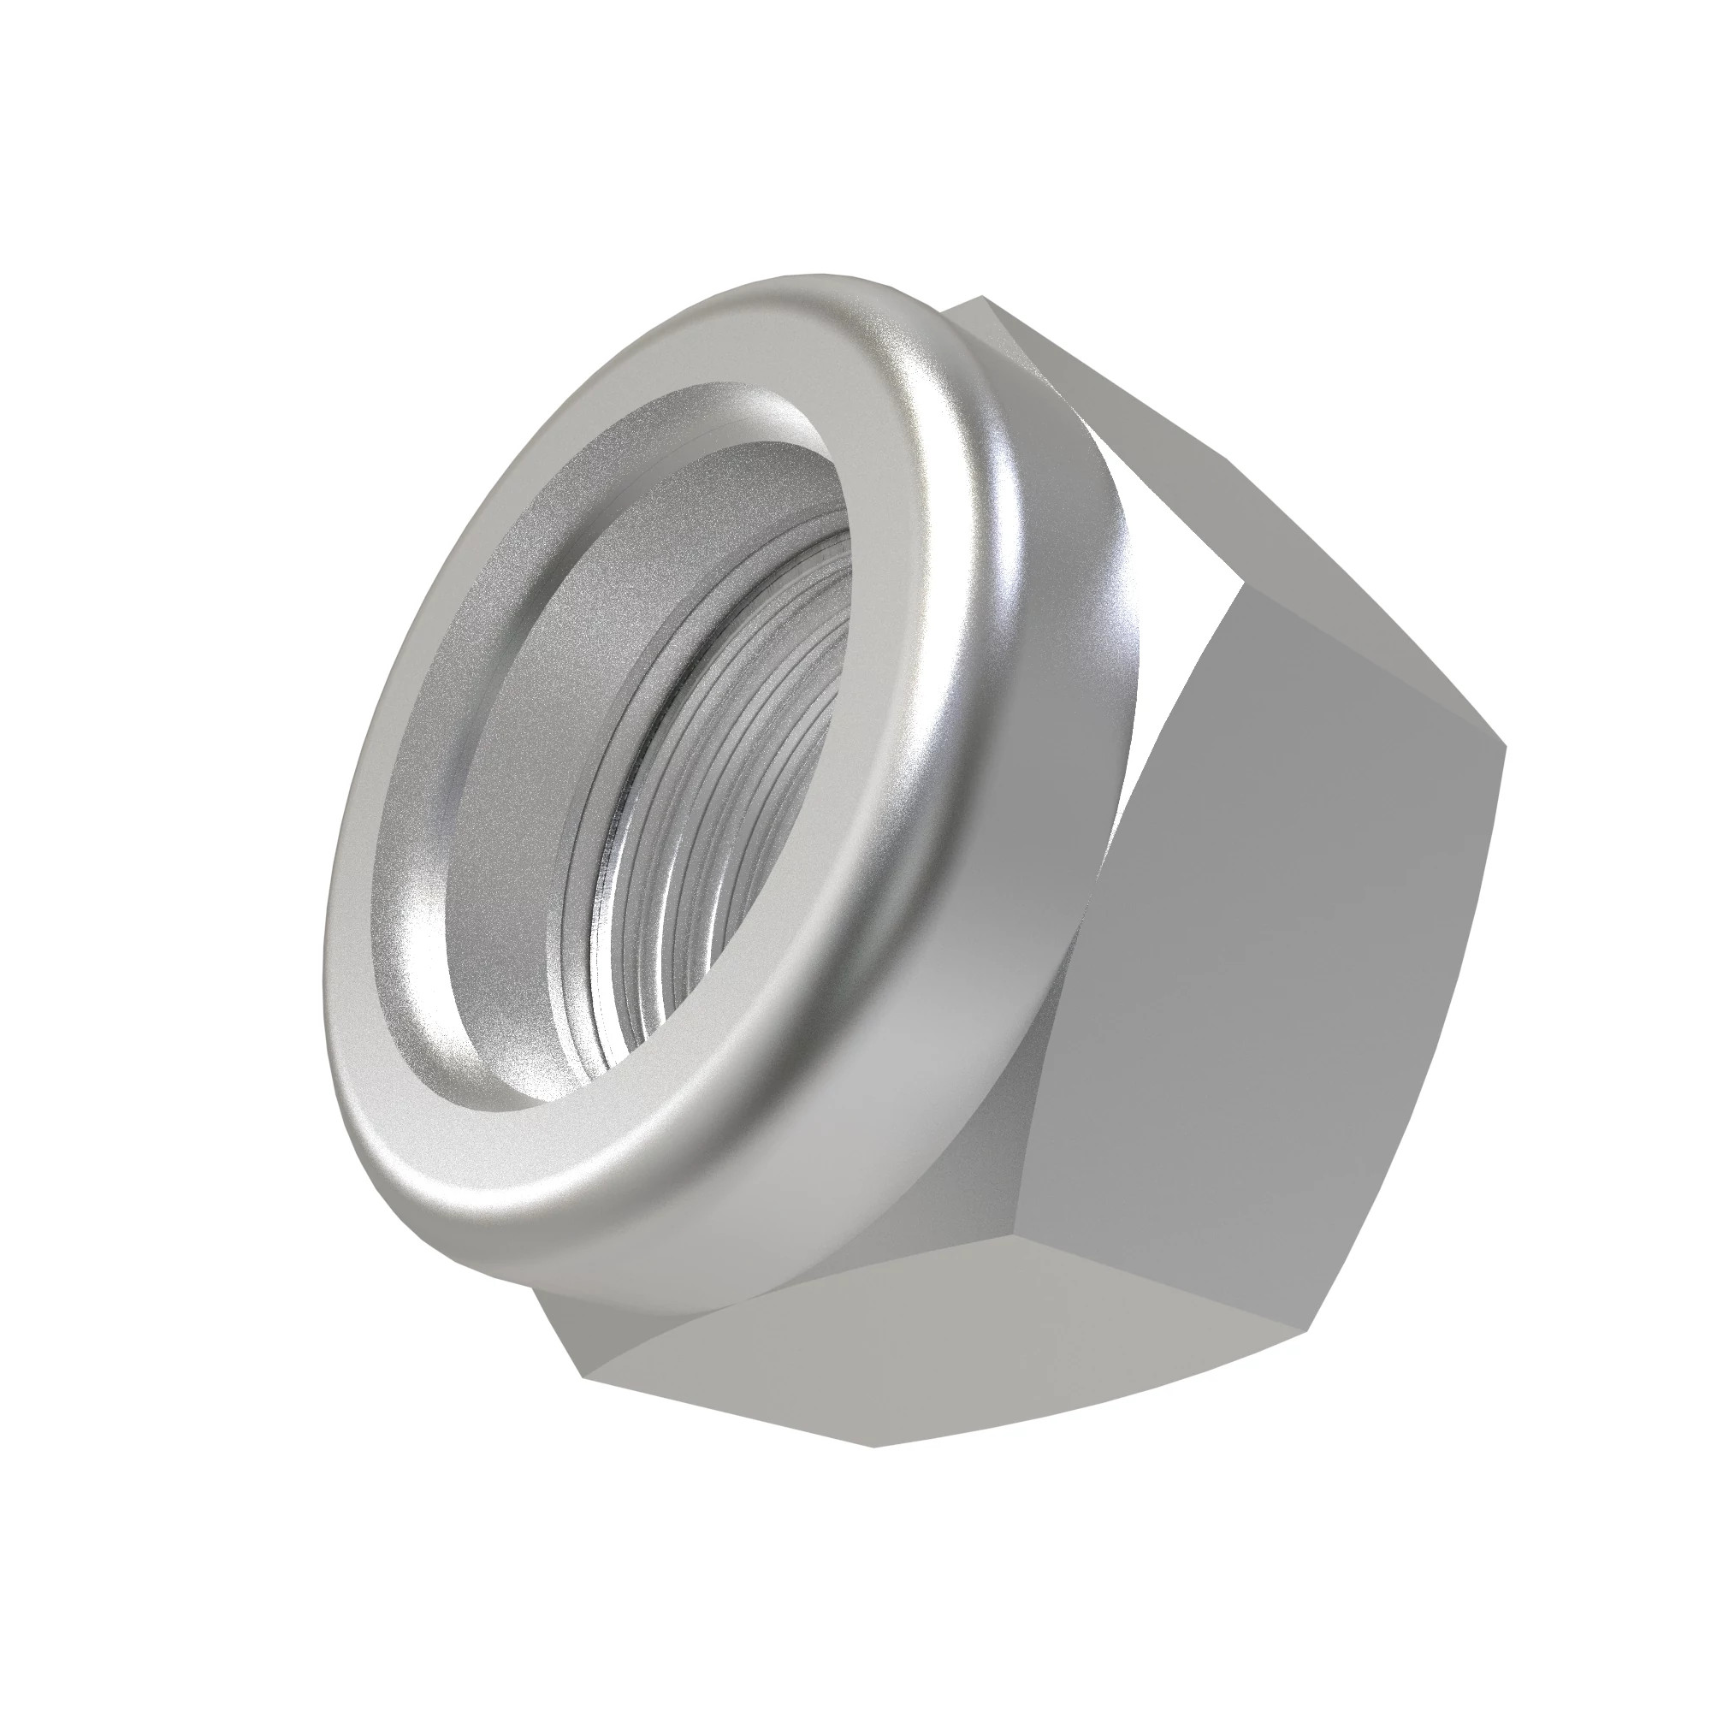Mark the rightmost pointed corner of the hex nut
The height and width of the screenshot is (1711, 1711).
click(1505, 746)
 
